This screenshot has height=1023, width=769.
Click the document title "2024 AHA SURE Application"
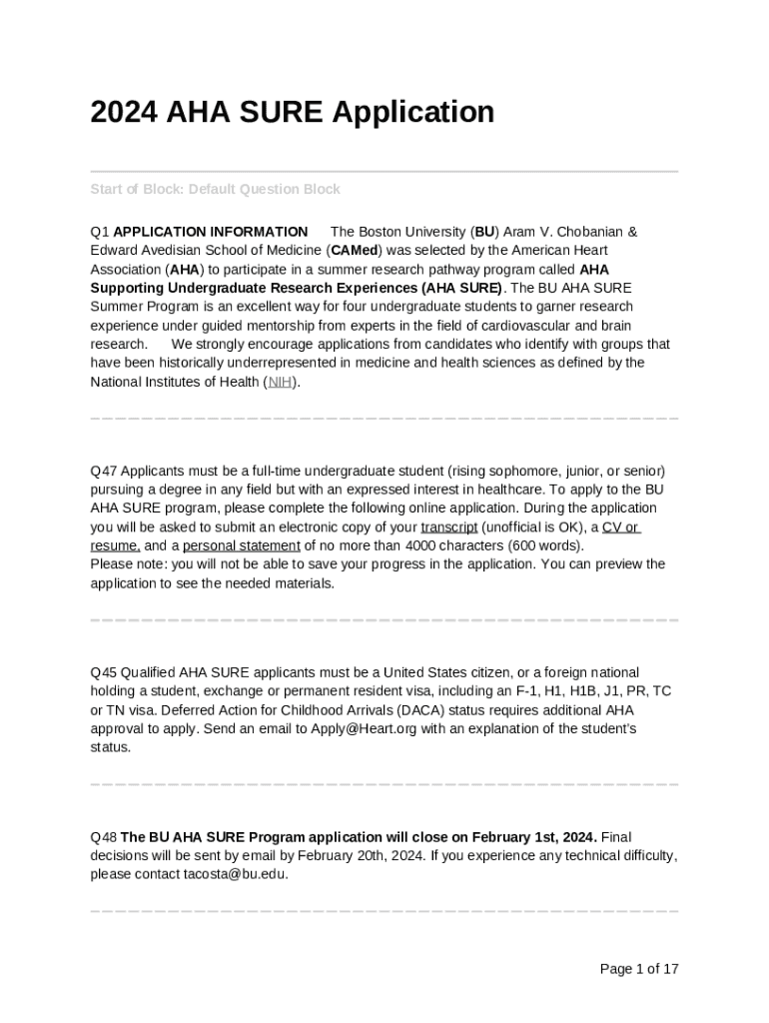coord(292,112)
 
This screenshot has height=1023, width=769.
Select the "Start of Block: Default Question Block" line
coord(215,189)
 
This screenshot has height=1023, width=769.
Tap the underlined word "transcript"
coord(448,527)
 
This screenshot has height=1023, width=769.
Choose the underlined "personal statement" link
coord(241,545)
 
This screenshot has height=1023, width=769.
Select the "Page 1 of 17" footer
coord(638,969)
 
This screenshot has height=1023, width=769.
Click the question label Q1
coord(100,232)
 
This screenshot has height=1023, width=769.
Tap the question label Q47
coord(104,471)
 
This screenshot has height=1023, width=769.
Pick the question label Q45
coord(104,672)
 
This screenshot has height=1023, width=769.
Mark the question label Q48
coord(104,837)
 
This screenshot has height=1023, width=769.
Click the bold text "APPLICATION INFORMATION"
coord(211,232)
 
